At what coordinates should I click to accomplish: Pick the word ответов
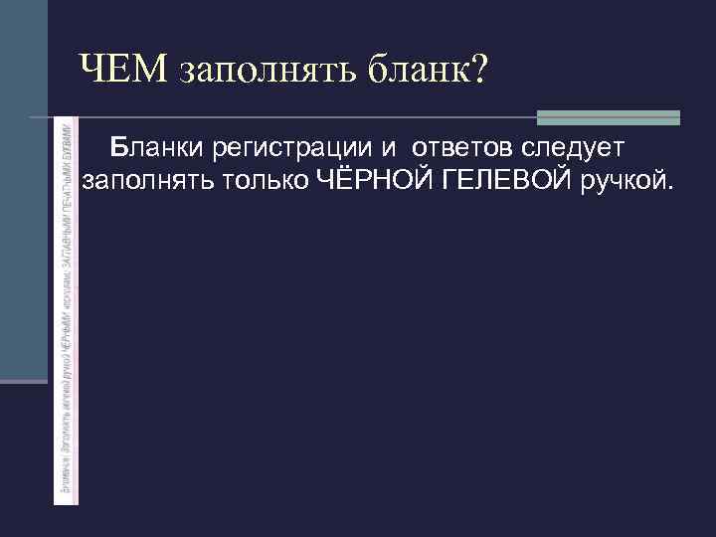tap(464, 149)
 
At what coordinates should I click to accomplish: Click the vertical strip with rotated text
tap(66, 308)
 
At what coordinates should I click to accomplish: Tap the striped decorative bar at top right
tap(608, 117)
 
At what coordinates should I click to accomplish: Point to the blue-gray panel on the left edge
tap(23, 189)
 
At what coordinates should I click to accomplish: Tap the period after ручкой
tap(668, 189)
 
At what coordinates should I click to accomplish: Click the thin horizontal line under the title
tap(298, 117)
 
